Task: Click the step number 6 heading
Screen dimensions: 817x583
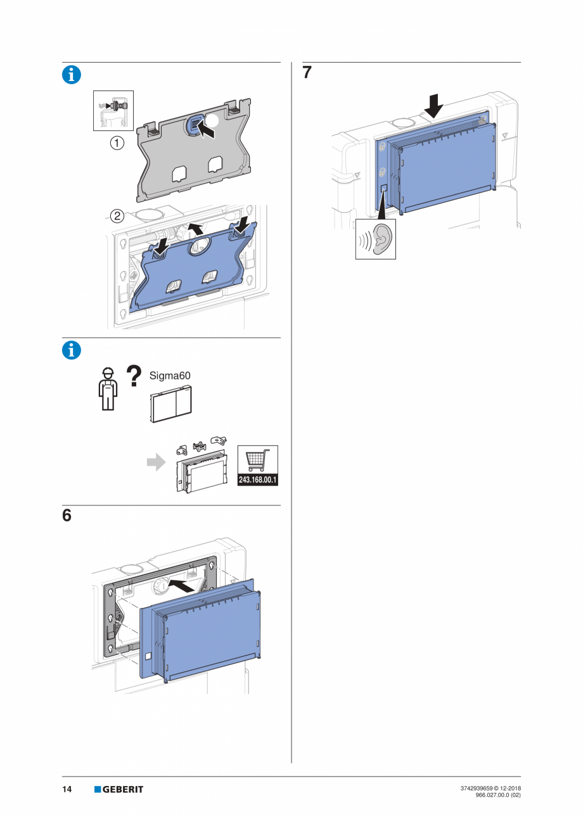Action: tap(67, 516)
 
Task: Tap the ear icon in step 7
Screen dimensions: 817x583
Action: tap(376, 239)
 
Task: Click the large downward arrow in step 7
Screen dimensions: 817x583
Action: tap(434, 106)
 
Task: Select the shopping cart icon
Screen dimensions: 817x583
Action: tap(258, 460)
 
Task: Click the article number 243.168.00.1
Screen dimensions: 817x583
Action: tap(258, 480)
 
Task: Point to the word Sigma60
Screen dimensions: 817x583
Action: tap(170, 375)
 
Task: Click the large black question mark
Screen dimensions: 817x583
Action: tap(134, 375)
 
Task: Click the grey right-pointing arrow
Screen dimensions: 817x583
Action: tap(155, 463)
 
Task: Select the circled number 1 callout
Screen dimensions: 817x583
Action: tap(117, 143)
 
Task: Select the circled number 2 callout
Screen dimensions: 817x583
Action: tap(117, 215)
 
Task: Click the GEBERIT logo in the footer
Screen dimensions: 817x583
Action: tap(119, 789)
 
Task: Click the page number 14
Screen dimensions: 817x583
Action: tap(67, 789)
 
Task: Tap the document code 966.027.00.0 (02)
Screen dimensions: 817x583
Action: tap(497, 795)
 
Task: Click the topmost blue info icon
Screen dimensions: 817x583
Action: tap(72, 75)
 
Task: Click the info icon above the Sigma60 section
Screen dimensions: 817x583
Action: tap(72, 350)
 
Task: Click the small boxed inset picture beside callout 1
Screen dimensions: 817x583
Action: tap(113, 110)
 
